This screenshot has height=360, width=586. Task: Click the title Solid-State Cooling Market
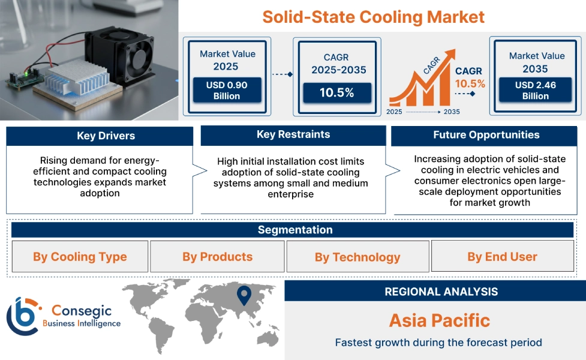(x=373, y=16)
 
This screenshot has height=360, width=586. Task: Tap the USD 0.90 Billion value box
(x=227, y=90)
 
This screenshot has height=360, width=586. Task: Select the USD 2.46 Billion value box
(x=535, y=90)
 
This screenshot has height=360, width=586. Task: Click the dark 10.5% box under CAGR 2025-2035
(x=337, y=92)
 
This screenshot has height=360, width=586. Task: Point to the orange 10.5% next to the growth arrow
(x=470, y=83)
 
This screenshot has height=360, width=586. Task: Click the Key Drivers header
(x=100, y=136)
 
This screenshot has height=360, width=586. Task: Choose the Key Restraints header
(x=293, y=134)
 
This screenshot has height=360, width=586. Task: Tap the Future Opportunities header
(x=486, y=135)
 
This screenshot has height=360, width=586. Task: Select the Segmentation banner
(x=295, y=230)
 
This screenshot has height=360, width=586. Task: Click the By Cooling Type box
(x=80, y=257)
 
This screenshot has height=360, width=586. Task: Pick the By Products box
(x=217, y=257)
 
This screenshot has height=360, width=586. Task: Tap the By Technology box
(x=357, y=257)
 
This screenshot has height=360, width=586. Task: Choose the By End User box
(x=502, y=257)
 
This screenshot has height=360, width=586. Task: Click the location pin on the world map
(x=244, y=295)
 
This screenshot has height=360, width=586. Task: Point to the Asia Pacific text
(x=440, y=320)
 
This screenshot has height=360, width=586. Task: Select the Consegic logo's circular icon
(x=23, y=316)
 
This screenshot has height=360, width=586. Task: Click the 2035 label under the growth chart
(x=452, y=112)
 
